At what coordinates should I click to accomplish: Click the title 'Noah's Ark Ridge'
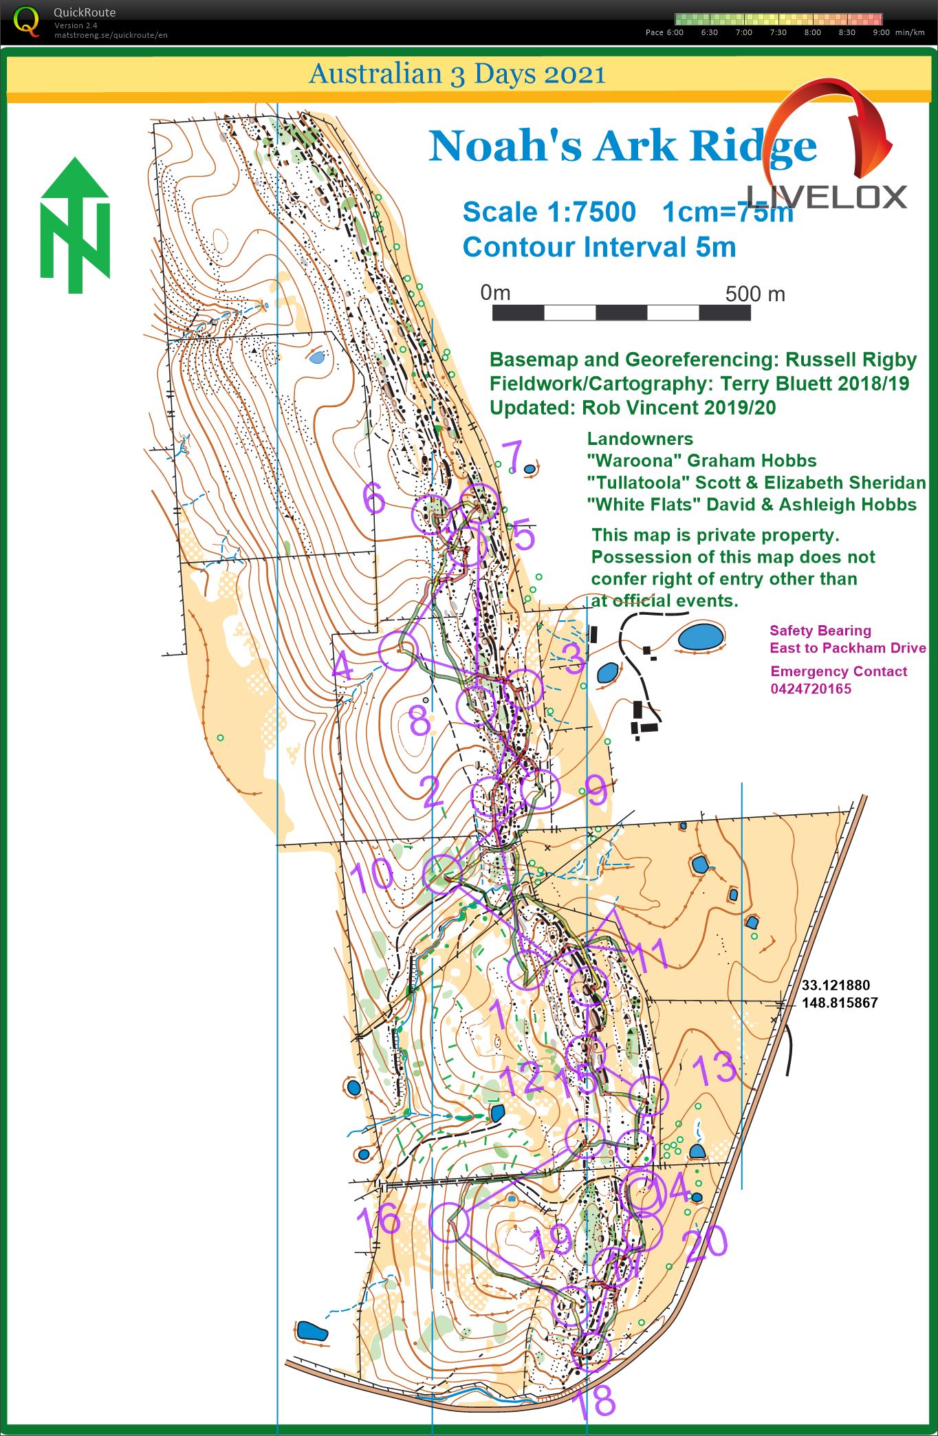coord(622,146)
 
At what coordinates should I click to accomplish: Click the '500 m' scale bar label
coord(754,294)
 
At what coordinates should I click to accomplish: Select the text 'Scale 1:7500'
coord(549,212)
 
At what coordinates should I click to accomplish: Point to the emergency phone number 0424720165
coord(810,689)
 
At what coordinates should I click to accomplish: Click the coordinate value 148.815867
coord(839,1003)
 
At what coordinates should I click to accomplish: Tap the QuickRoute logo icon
coord(26,21)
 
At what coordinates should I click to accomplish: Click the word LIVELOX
coord(827,197)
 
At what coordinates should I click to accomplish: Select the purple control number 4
coord(342,666)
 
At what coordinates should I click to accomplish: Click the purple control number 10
coord(371,875)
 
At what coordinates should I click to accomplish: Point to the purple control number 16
coord(378,1219)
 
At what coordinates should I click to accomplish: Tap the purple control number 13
coord(714,1068)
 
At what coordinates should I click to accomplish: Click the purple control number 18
coord(594,1402)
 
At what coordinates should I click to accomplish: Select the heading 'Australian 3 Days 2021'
coord(457,74)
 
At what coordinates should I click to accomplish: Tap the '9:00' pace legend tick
coord(880,32)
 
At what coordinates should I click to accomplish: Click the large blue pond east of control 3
coord(700,637)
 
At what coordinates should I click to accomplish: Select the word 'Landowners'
coord(640,439)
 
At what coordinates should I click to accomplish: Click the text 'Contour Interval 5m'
coord(599,248)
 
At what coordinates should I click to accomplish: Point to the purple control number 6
coord(373,498)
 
